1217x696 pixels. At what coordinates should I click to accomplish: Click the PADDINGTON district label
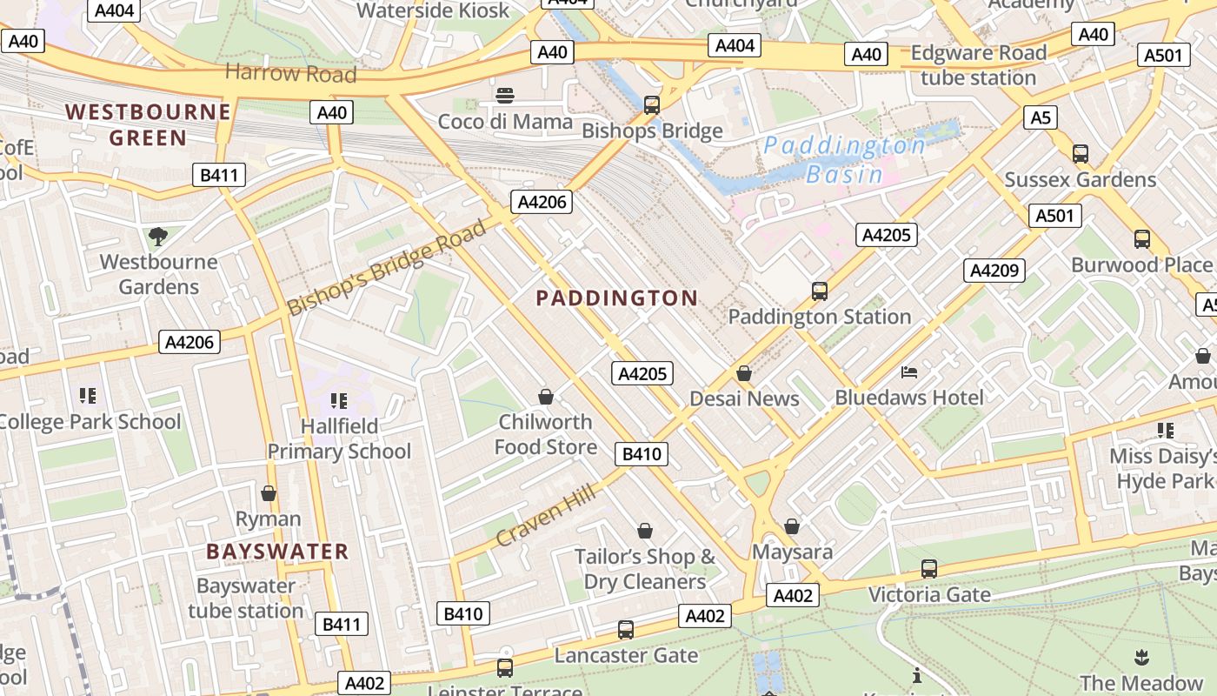[x=616, y=298]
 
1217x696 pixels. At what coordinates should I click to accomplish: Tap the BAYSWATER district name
[x=277, y=552]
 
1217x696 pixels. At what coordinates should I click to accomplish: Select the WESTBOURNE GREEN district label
[x=149, y=124]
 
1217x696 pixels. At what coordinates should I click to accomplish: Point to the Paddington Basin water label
[x=844, y=159]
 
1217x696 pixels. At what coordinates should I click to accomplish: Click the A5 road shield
[x=1040, y=117]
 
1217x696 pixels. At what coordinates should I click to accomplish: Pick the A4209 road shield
[x=994, y=271]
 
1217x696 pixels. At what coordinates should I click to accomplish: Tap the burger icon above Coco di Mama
[x=505, y=95]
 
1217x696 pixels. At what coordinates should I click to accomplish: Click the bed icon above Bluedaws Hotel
[x=909, y=372]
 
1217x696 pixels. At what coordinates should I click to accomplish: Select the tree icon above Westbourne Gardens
[x=158, y=236]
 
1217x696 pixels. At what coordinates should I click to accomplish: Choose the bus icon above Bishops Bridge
[x=652, y=105]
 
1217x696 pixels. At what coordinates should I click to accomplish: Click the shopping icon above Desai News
[x=744, y=373]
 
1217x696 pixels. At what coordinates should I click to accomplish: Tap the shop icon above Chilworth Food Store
[x=546, y=397]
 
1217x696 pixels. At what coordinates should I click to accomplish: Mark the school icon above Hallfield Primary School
[x=339, y=400]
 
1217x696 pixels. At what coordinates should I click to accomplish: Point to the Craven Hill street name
[x=546, y=516]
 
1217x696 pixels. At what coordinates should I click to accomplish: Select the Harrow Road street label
[x=290, y=73]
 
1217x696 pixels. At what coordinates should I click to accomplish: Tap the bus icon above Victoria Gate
[x=929, y=569]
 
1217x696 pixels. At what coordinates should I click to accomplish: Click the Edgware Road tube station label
[x=978, y=65]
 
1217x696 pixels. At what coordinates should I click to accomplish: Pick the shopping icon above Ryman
[x=269, y=493]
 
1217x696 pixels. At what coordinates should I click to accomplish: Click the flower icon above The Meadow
[x=1141, y=657]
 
